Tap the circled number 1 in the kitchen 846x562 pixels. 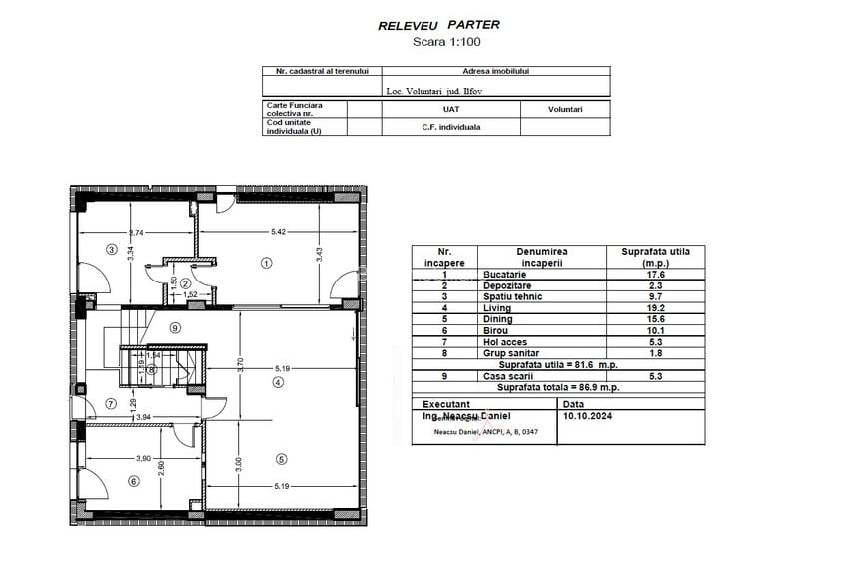coord(266,264)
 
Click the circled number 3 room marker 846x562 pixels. coord(112,250)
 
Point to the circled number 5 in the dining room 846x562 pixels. coord(282,459)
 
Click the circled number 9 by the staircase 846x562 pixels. coord(175,327)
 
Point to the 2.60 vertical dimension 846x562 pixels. coord(162,470)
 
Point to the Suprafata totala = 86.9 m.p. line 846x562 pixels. coord(560,387)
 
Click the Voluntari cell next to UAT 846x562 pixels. coord(564,109)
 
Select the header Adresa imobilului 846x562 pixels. coord(495,72)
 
